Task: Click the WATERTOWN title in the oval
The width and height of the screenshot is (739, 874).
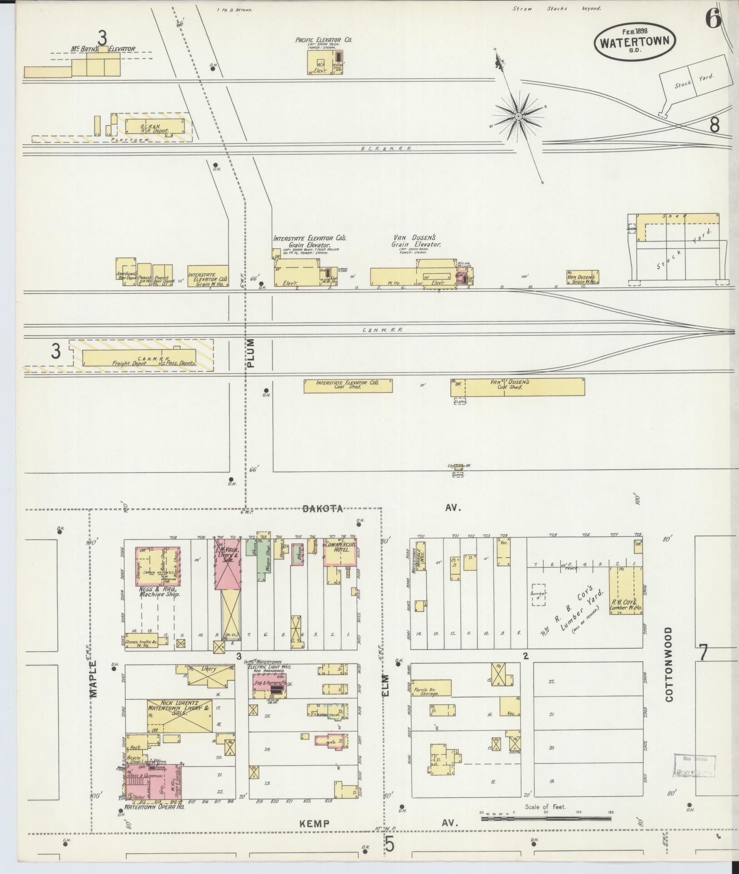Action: click(x=635, y=42)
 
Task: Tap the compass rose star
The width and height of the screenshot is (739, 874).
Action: click(x=518, y=117)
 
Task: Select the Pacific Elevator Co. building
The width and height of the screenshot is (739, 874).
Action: click(x=325, y=62)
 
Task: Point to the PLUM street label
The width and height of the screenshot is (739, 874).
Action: click(x=251, y=352)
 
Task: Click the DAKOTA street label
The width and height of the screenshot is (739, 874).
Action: click(x=323, y=508)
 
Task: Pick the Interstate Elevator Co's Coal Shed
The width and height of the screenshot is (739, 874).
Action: click(x=348, y=386)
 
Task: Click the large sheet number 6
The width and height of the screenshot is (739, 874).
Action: click(x=713, y=20)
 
